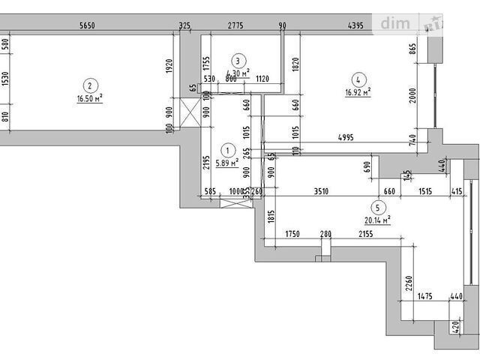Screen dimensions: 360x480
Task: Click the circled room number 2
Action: click(89, 85)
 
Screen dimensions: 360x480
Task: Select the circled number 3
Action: click(238, 61)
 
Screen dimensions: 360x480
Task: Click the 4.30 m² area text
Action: click(238, 73)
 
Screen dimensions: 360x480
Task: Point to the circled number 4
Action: click(358, 79)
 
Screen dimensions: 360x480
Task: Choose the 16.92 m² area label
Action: click(358, 91)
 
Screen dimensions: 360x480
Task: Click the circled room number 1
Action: click(227, 149)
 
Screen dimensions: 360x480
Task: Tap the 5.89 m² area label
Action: click(227, 161)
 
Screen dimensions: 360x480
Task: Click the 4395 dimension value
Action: click(355, 25)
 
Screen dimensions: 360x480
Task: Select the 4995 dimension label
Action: click(346, 136)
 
